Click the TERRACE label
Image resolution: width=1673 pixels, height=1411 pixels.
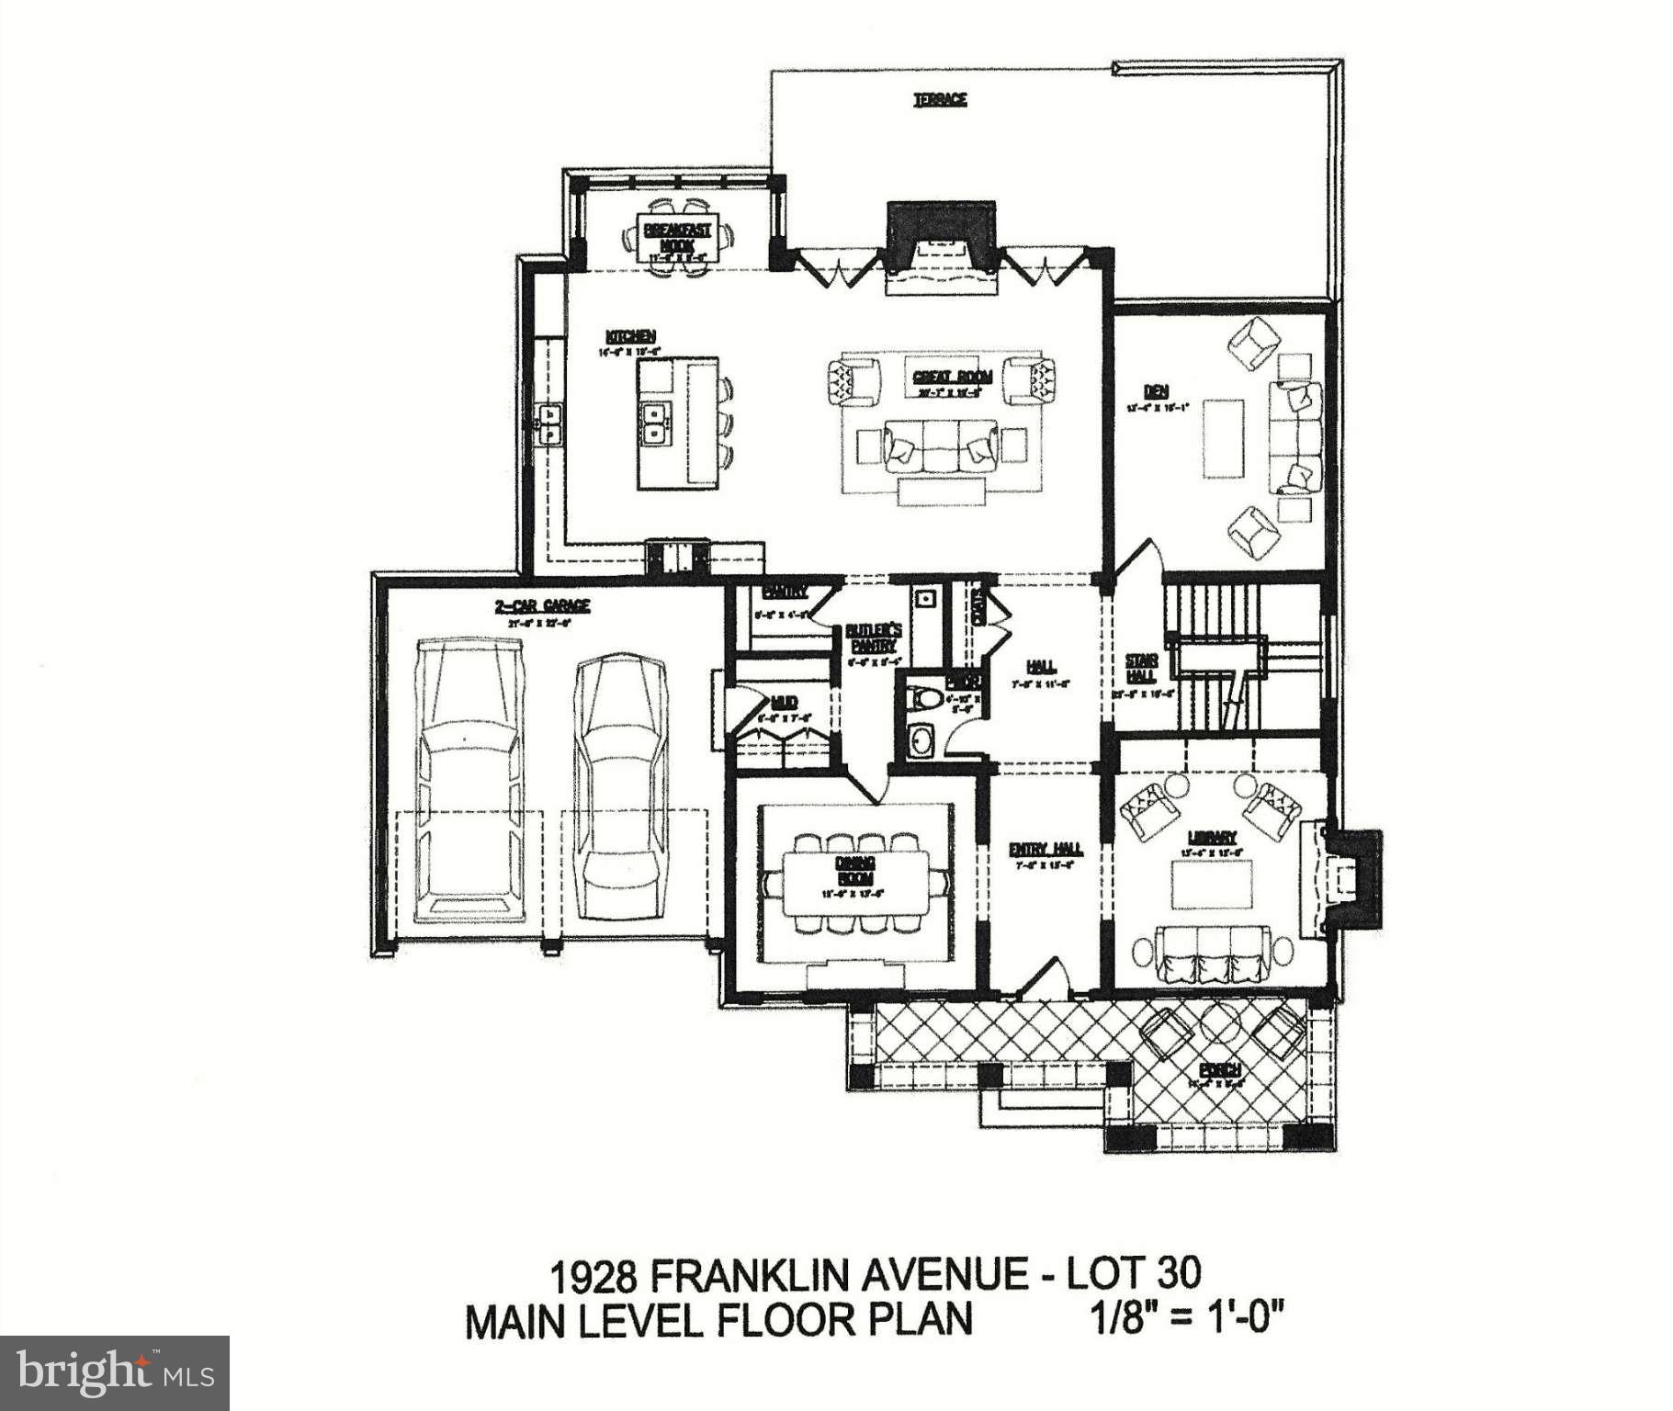(939, 99)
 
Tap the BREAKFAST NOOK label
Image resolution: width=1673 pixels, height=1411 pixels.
(677, 237)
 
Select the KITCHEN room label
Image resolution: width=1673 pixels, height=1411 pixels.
(630, 336)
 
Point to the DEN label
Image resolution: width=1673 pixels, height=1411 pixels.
(1156, 391)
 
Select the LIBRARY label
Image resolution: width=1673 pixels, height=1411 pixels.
(1212, 837)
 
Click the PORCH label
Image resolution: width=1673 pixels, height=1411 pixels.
(1220, 1070)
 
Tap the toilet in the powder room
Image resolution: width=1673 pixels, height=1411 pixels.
(924, 699)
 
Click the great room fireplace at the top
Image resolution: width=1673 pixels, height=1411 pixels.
(941, 234)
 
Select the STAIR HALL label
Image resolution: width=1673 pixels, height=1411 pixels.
(1141, 668)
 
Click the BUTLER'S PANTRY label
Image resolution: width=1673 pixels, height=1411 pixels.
(873, 638)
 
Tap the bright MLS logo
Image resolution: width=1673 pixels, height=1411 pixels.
(114, 1372)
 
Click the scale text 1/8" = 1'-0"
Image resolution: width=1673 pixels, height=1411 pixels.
(1184, 1320)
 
